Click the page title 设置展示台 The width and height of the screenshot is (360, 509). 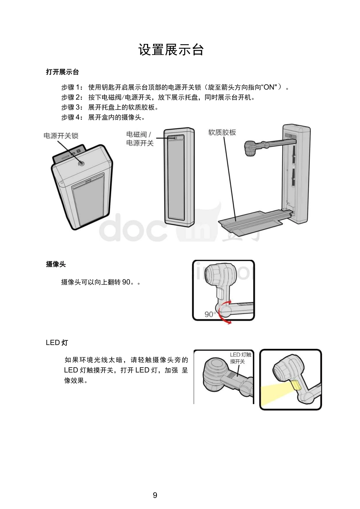[171, 50]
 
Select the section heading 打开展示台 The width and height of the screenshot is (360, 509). [63, 72]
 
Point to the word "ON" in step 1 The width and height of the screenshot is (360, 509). [270, 87]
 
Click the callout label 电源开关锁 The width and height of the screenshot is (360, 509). [61, 136]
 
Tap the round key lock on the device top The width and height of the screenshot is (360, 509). [81, 163]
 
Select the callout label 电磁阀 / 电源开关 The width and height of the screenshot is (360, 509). [140, 139]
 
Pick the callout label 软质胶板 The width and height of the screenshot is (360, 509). [222, 132]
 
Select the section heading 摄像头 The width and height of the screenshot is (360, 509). [56, 264]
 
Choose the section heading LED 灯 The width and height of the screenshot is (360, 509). [57, 343]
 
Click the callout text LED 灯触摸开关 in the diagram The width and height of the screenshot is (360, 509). [240, 358]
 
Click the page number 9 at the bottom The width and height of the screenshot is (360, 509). [155, 495]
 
